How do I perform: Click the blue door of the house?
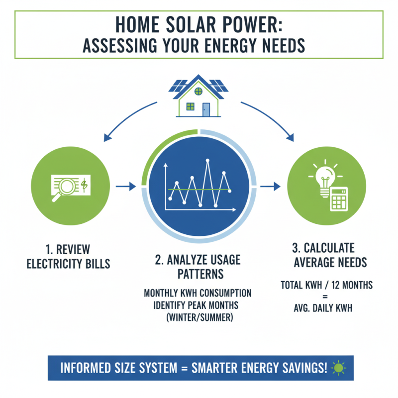coord(206,108)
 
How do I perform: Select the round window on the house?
coord(199,91)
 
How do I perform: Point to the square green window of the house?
coord(190,106)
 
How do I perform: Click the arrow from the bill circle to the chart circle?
coord(125,187)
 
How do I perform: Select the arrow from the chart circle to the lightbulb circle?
coord(270,187)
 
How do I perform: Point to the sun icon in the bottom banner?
coord(339,369)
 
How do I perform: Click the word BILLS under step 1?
coord(94,263)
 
